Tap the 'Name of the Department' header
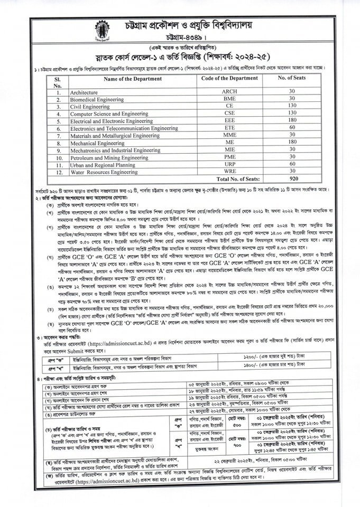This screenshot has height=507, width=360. click(x=133, y=78)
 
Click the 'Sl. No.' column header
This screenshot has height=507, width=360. click(x=58, y=81)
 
